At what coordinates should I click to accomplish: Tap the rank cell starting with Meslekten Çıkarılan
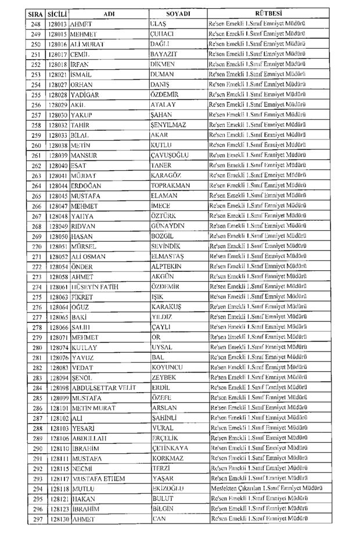click(x=267, y=489)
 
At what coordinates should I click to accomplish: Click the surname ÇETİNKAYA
click(x=173, y=448)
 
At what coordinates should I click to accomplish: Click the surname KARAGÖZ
click(x=169, y=176)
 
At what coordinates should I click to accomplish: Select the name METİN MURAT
click(x=95, y=408)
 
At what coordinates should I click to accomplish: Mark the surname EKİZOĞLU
click(x=168, y=489)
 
